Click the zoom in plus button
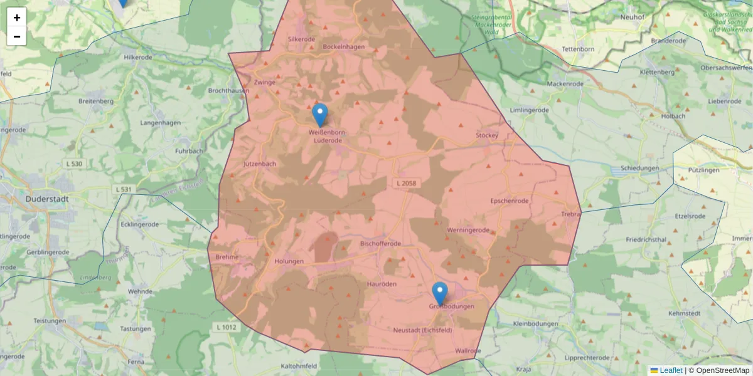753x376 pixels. [17, 18]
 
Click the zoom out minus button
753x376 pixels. [17, 36]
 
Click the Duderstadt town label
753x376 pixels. [48, 199]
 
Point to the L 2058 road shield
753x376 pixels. [406, 183]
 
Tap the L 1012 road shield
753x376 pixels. [226, 327]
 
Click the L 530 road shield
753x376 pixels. [74, 164]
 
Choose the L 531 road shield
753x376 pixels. [123, 189]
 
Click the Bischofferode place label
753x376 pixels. [381, 243]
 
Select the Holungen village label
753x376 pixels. [289, 261]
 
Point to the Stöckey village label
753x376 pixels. [487, 135]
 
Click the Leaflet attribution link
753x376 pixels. [671, 370]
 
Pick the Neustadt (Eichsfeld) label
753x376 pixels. [422, 330]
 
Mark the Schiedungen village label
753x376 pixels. [639, 169]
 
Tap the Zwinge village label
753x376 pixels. [265, 82]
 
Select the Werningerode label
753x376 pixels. [468, 230]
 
